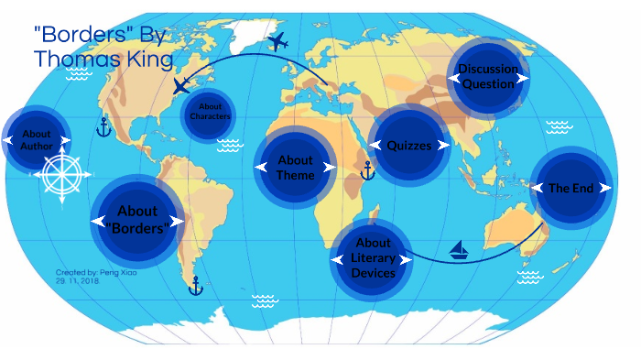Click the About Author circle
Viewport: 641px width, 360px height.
[37, 140]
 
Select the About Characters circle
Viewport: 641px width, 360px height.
[209, 113]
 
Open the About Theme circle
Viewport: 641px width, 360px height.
[295, 168]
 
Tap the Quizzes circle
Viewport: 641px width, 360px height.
[408, 145]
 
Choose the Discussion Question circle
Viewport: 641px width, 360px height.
[488, 76]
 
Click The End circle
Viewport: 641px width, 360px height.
[571, 189]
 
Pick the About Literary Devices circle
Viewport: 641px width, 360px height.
[373, 258]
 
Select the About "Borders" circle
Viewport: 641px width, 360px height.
[137, 221]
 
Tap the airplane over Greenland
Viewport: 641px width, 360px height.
[279, 41]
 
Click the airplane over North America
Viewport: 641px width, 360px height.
[182, 86]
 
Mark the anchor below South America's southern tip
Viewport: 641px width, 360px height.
[195, 286]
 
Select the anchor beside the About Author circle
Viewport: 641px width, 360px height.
[103, 127]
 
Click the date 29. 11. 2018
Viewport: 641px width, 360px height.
[77, 281]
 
